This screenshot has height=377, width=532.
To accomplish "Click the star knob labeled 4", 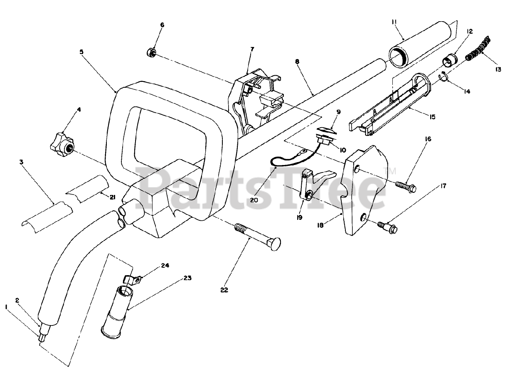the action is [62, 145].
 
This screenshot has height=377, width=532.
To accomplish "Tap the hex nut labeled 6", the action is [151, 52].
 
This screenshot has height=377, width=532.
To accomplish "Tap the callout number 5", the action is [81, 52].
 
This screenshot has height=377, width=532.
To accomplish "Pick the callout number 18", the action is [332, 225].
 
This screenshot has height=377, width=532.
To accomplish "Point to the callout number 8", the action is [297, 61].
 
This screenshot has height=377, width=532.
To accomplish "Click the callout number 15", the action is [433, 117].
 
